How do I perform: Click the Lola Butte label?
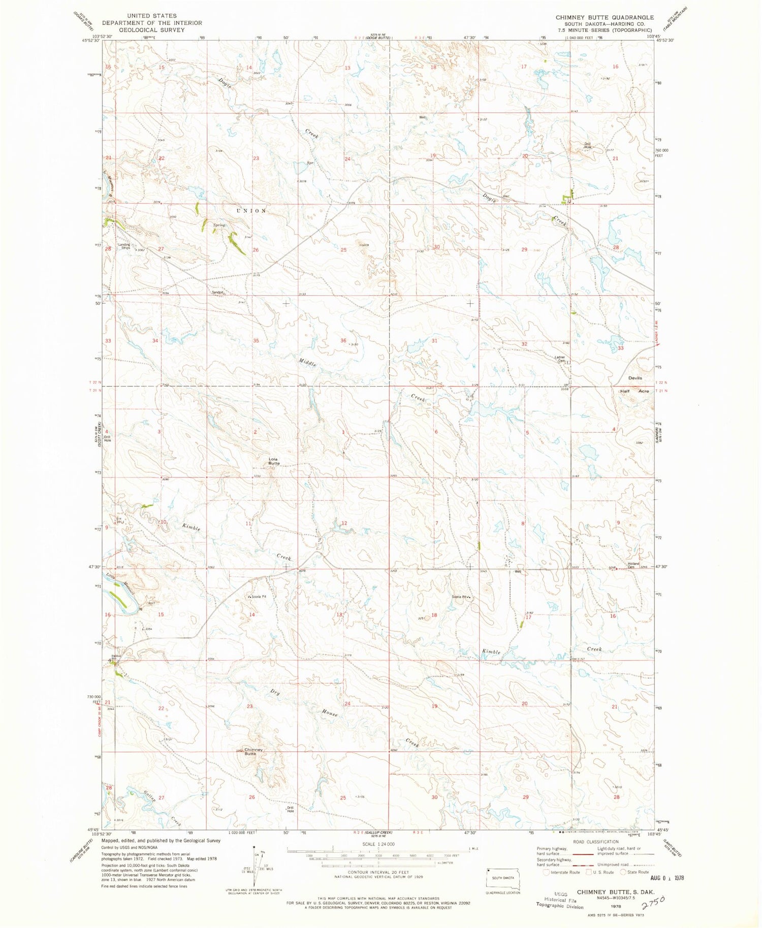pyautogui.click(x=274, y=461)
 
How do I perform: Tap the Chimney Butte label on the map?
pyautogui.click(x=253, y=752)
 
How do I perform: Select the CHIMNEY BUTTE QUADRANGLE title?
pyautogui.click(x=605, y=17)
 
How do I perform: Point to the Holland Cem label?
pyautogui.click(x=633, y=565)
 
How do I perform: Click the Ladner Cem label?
pyautogui.click(x=559, y=359)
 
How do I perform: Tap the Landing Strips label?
pyautogui.click(x=124, y=246)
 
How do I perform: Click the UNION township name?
pyautogui.click(x=250, y=210)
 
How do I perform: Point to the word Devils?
pyautogui.click(x=635, y=378)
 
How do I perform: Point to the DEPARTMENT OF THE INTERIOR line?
pyautogui.click(x=152, y=23)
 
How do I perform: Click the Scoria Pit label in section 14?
pyautogui.click(x=258, y=597)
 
